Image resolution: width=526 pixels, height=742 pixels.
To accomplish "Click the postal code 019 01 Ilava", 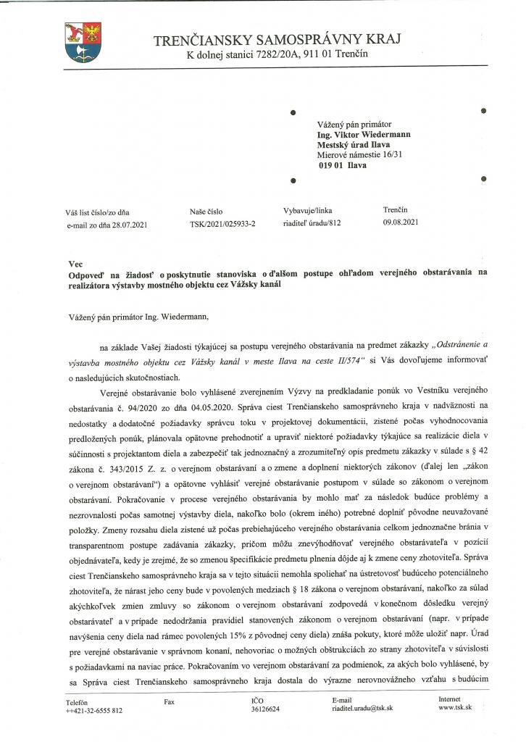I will pos(342,164).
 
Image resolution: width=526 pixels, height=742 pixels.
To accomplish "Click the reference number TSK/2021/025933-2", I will pos(222,225).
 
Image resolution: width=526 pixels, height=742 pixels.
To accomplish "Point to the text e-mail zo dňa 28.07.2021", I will pos(106,225).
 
